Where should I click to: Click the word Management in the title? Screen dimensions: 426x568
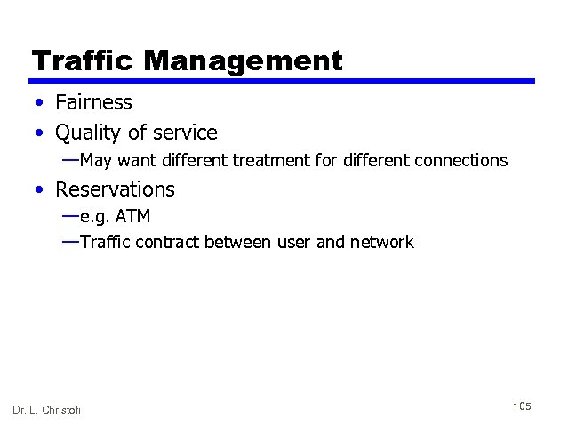pos(243,61)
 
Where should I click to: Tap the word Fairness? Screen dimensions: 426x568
pos(93,103)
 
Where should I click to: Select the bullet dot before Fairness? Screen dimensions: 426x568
pos(41,104)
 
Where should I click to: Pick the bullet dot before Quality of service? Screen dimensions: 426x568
pos(41,133)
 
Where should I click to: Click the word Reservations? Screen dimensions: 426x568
pos(115,189)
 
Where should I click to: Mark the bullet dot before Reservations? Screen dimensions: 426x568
pos(41,189)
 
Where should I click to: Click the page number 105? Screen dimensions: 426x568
pos(522,406)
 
